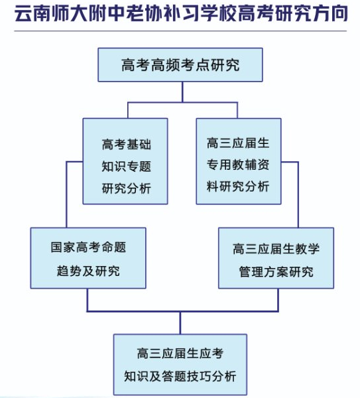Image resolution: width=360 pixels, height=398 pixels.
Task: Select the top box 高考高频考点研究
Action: click(x=180, y=65)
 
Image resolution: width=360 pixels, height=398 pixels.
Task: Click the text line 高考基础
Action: click(x=127, y=144)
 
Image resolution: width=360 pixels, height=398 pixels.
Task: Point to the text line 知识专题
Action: click(x=127, y=166)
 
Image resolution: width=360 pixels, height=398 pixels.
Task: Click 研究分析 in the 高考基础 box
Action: click(x=127, y=188)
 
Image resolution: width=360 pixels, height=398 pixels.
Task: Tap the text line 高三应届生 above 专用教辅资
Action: click(x=238, y=143)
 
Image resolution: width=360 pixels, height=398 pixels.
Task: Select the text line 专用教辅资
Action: click(x=238, y=165)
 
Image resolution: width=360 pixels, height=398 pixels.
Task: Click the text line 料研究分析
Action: click(x=238, y=186)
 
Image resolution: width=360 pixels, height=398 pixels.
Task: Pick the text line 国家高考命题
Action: click(x=88, y=247)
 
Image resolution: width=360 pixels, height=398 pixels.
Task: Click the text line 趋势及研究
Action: click(x=88, y=271)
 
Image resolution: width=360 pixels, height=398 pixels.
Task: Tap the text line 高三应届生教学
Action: click(x=276, y=249)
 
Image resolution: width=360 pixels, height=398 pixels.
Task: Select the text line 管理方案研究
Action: click(x=276, y=271)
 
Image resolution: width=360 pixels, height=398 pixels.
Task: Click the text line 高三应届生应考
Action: click(x=180, y=353)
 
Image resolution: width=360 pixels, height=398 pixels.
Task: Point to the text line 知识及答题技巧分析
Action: click(x=180, y=376)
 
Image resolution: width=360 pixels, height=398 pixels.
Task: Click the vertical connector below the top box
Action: click(x=182, y=92)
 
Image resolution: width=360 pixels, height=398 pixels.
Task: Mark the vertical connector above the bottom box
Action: click(x=180, y=322)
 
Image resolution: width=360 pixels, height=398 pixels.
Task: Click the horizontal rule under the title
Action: click(x=180, y=31)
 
